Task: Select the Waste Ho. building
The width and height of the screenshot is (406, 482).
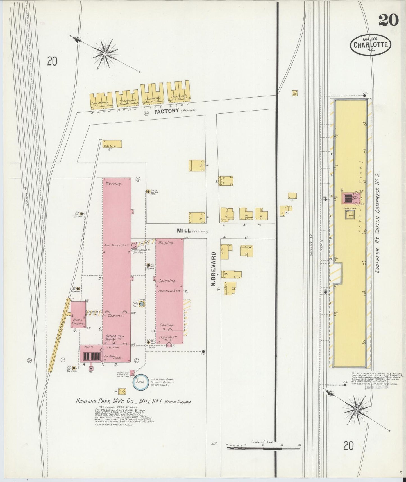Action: (112, 144)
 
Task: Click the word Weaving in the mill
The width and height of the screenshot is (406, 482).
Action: (114, 184)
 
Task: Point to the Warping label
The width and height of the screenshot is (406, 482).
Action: (166, 242)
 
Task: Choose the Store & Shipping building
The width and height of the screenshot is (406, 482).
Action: (78, 315)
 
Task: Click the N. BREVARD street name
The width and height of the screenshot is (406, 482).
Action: (213, 269)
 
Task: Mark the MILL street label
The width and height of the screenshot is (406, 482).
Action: (184, 231)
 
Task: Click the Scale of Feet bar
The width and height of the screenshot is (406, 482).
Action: (263, 448)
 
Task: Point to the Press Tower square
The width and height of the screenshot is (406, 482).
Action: (350, 215)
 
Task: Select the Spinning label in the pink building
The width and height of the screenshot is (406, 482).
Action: (167, 281)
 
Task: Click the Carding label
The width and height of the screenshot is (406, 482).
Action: (167, 325)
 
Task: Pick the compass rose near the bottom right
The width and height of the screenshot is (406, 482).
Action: (356, 410)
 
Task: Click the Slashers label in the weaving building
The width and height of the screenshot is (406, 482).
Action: (116, 316)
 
